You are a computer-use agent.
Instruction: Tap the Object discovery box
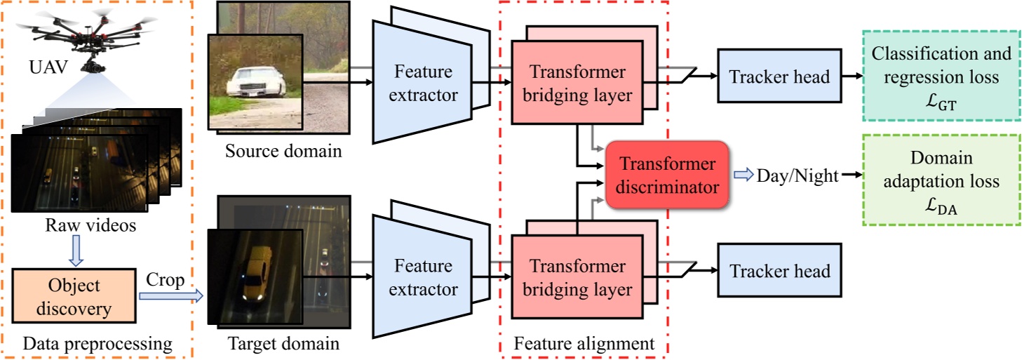point(74,297)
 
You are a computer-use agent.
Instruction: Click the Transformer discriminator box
point(667,176)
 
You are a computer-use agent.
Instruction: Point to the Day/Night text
point(798,175)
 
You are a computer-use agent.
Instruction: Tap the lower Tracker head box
point(779,271)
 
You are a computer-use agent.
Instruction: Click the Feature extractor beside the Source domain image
point(422,83)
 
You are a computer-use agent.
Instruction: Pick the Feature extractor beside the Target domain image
point(422,276)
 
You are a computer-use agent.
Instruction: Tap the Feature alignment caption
point(584,345)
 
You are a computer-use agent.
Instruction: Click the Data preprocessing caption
point(97,345)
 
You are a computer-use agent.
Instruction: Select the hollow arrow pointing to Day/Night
point(742,175)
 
